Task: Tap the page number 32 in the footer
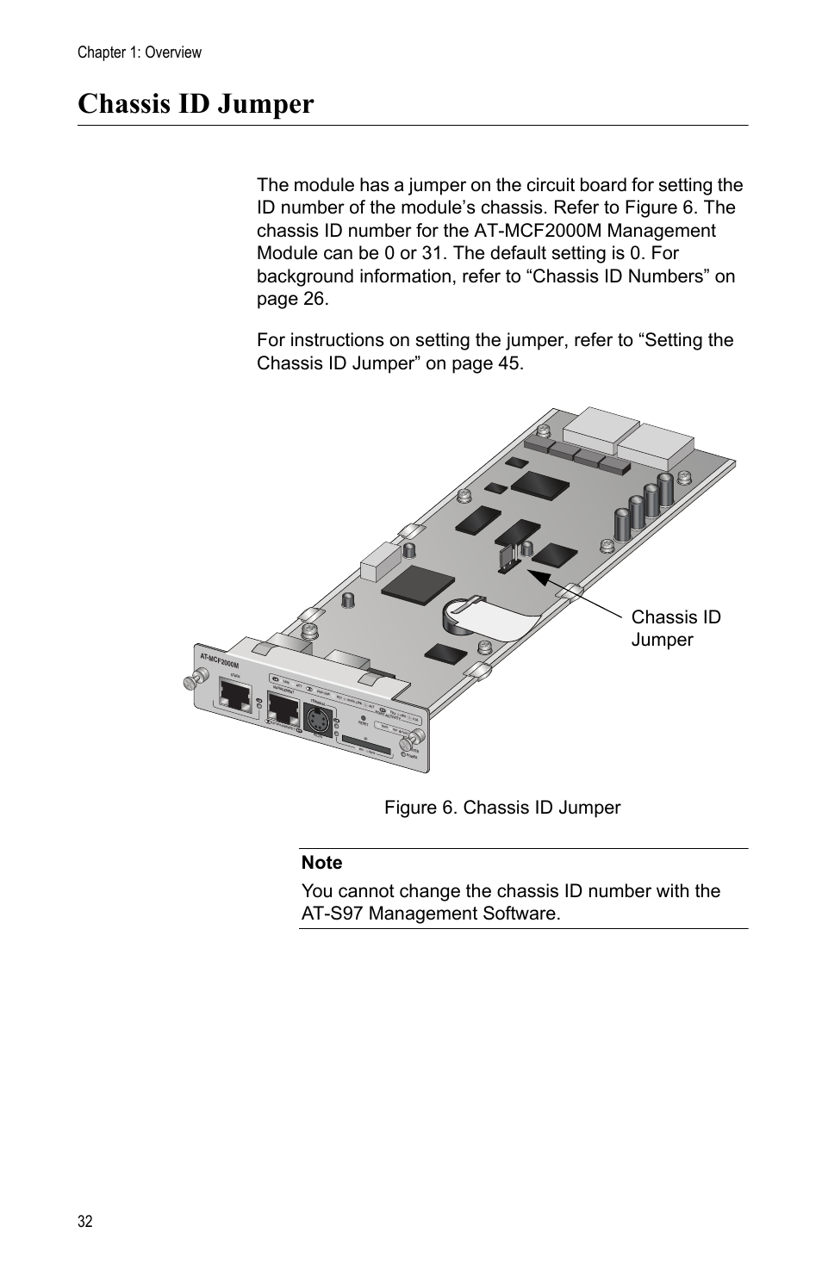tap(84, 1222)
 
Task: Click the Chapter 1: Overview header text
tap(140, 53)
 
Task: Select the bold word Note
tap(321, 863)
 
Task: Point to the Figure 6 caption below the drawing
tap(501, 808)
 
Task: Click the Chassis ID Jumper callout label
tap(676, 629)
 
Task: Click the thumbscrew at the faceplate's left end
tap(188, 683)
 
